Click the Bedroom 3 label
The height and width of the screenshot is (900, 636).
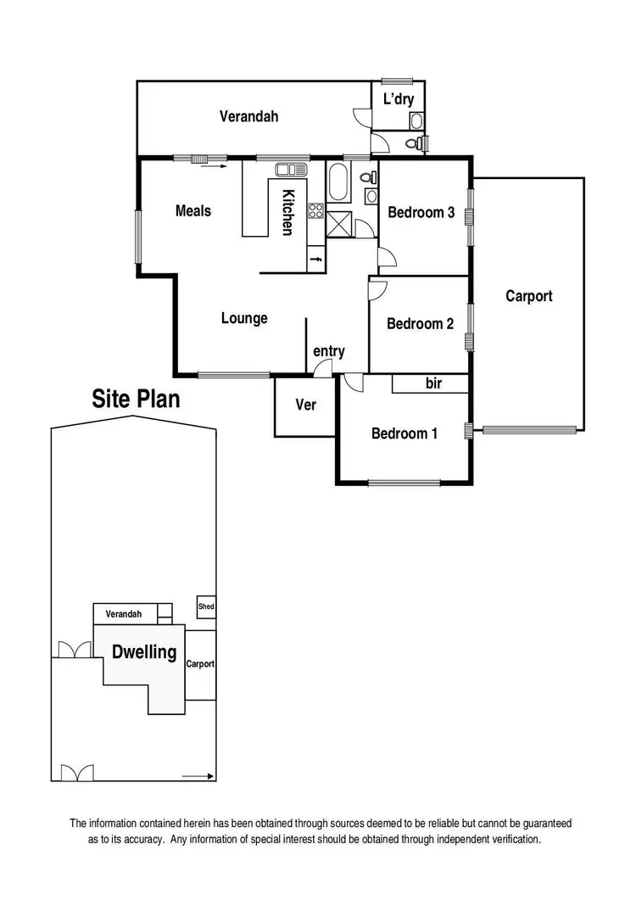(421, 212)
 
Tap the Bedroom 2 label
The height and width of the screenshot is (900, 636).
(421, 323)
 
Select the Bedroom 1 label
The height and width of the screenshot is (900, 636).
(404, 433)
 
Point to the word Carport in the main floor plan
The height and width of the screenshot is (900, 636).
(528, 296)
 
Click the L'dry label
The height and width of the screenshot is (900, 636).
(399, 99)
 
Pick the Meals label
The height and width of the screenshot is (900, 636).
(193, 210)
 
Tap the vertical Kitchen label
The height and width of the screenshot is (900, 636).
(288, 212)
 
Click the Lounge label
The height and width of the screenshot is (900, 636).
(244, 318)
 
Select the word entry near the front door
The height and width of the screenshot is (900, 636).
(329, 351)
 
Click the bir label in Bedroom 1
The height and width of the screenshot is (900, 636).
(433, 384)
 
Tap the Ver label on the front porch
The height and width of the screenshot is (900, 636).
(305, 405)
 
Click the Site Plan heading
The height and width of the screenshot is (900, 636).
(136, 399)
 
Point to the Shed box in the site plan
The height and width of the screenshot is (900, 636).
(206, 607)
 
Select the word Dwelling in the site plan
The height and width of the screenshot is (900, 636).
(144, 652)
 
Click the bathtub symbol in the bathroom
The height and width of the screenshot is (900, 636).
(338, 182)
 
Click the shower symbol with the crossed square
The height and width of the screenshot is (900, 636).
(342, 225)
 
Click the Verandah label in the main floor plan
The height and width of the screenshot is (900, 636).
(249, 117)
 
